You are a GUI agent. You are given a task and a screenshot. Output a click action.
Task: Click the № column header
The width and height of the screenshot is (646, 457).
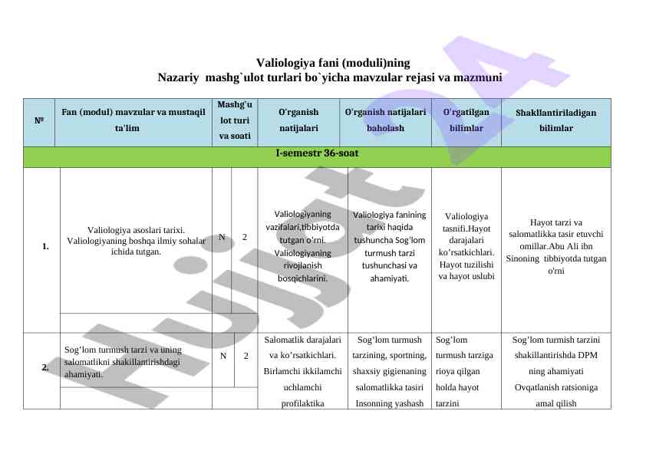pyautogui.click(x=38, y=121)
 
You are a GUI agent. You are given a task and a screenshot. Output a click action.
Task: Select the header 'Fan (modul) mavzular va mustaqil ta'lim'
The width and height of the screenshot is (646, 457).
pyautogui.click(x=133, y=121)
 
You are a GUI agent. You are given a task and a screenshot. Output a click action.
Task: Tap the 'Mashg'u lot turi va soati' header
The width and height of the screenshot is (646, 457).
pyautogui.click(x=234, y=121)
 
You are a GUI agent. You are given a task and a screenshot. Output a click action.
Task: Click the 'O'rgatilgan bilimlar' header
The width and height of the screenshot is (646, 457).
pyautogui.click(x=466, y=121)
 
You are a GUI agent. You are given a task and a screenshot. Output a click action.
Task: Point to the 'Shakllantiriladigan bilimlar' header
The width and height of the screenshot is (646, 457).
pyautogui.click(x=555, y=121)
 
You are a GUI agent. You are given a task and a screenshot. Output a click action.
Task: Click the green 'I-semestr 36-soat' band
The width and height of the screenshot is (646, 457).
pyautogui.click(x=317, y=155)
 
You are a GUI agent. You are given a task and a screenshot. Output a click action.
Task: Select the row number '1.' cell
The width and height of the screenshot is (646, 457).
pyautogui.click(x=46, y=247)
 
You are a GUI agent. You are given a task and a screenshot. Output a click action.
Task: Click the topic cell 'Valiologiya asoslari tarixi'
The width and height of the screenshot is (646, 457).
pyautogui.click(x=136, y=239)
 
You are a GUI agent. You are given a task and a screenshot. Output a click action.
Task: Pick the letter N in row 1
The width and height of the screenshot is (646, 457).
pyautogui.click(x=222, y=238)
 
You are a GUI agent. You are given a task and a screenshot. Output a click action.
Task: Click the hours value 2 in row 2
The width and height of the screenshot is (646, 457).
pyautogui.click(x=246, y=356)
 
